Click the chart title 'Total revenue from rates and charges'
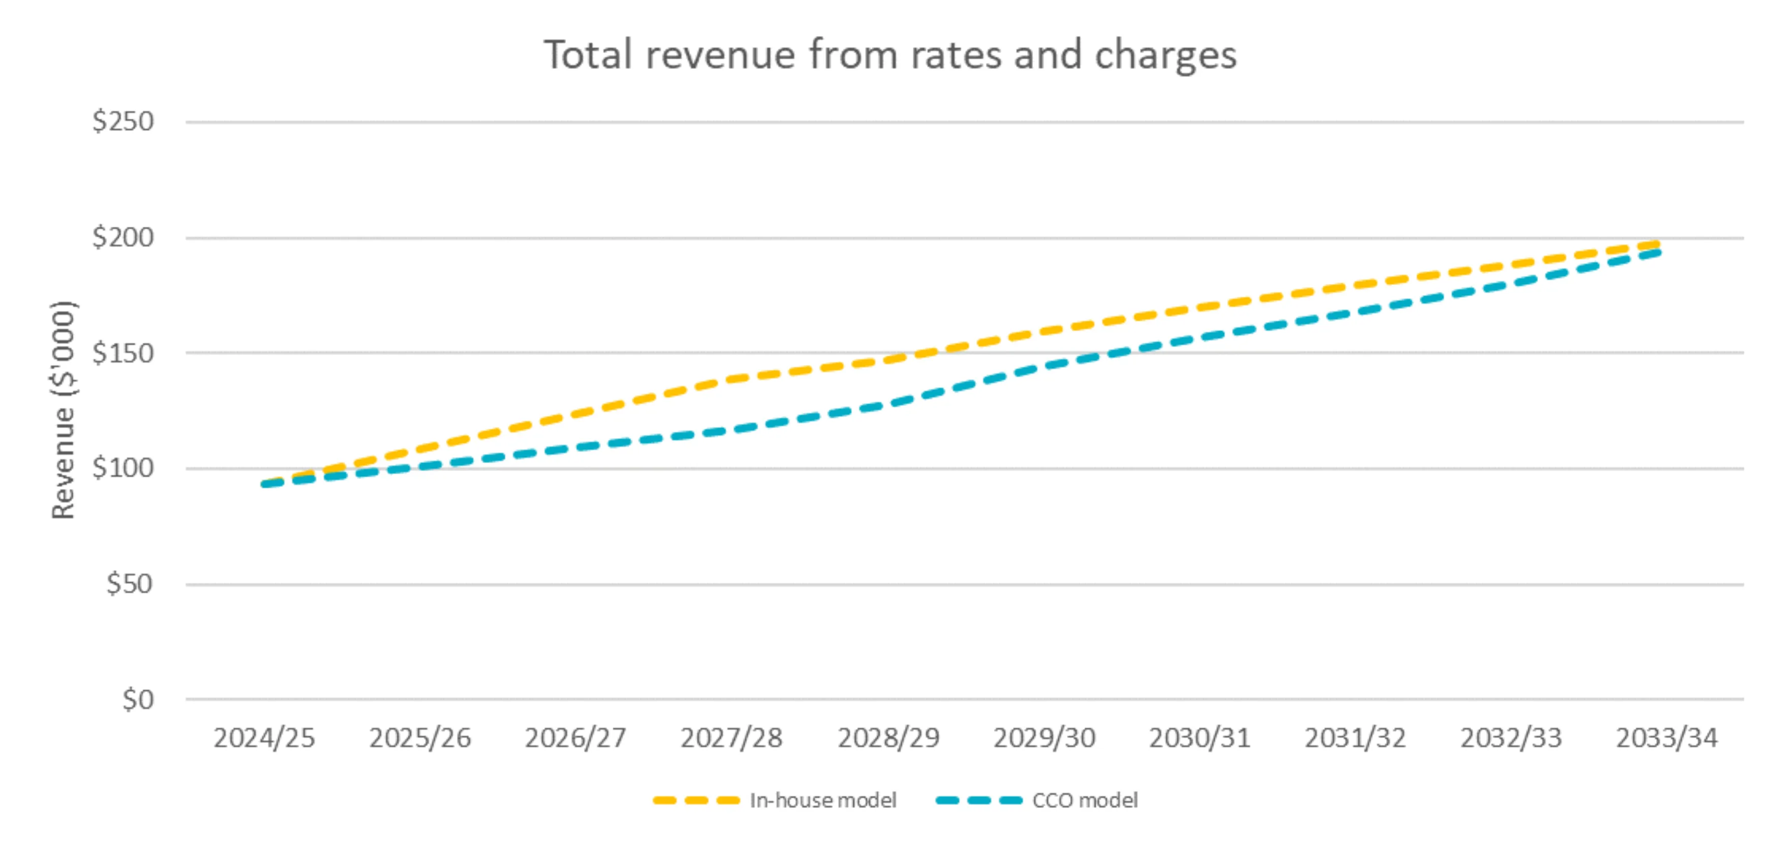(890, 55)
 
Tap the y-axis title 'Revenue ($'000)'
(63, 409)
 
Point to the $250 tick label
(123, 122)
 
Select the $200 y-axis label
(123, 237)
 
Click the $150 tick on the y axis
(123, 353)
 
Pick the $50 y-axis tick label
(129, 584)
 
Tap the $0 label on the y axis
(137, 699)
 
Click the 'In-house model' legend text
(823, 800)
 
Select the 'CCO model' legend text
(1084, 800)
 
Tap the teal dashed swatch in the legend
(979, 800)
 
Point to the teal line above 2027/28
(732, 430)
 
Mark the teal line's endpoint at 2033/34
(1657, 253)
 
